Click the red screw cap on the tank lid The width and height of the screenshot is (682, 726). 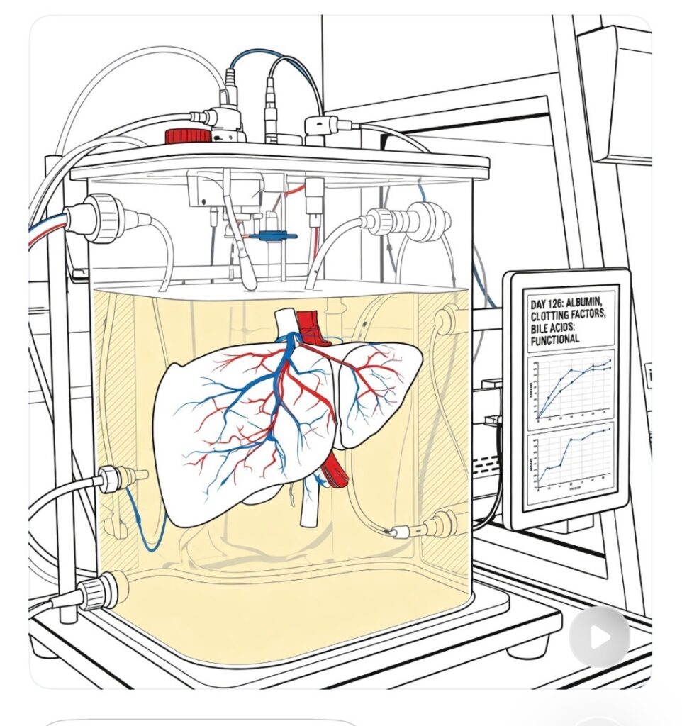(x=188, y=135)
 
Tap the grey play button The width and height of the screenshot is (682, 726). (x=599, y=636)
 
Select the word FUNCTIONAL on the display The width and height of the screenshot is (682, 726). (x=554, y=339)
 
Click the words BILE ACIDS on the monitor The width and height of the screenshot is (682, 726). (x=558, y=327)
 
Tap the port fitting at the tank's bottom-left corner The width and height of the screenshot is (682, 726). (x=99, y=593)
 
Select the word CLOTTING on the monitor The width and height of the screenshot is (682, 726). (x=559, y=315)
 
